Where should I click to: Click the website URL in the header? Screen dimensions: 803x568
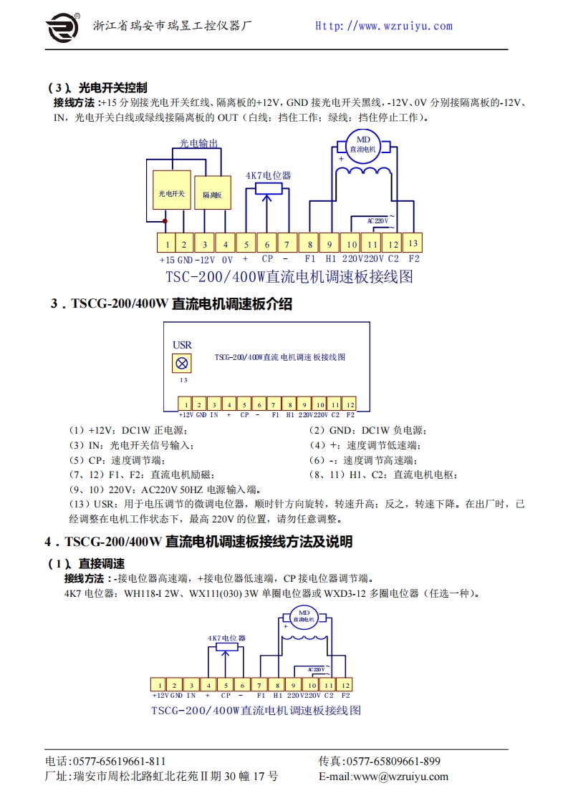pos(384,26)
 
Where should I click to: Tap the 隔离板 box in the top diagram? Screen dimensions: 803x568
pos(213,193)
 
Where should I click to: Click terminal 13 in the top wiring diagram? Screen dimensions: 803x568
pos(413,243)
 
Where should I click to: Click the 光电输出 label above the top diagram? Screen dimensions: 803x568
pos(198,143)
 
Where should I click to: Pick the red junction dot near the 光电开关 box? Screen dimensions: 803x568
pos(165,221)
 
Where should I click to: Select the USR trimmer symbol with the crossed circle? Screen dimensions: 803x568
pos(182,363)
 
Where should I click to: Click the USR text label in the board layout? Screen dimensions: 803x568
pos(182,345)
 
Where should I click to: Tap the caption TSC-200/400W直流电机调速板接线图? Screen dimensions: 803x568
pos(289,277)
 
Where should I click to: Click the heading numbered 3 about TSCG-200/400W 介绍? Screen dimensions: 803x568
pos(171,304)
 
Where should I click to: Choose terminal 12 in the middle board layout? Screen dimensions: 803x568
pos(350,404)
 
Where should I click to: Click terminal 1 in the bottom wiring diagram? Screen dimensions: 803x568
pos(158,685)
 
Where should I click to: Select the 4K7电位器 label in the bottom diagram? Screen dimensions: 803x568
pos(226,637)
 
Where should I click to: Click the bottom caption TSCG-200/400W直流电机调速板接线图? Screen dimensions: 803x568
pos(256,711)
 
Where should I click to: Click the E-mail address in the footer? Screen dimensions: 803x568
pos(383,777)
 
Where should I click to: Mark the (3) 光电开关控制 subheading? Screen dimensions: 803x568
pos(97,88)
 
